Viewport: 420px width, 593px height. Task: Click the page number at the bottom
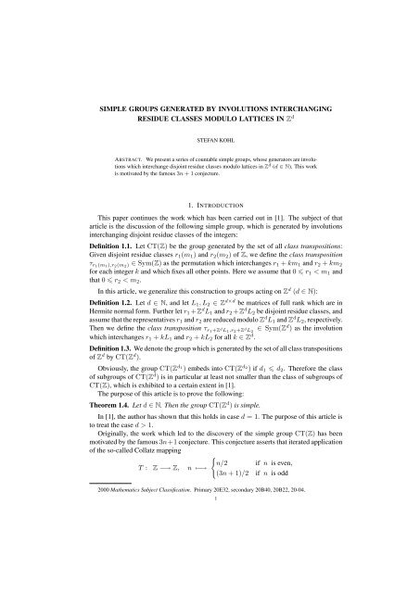pos(209,576)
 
